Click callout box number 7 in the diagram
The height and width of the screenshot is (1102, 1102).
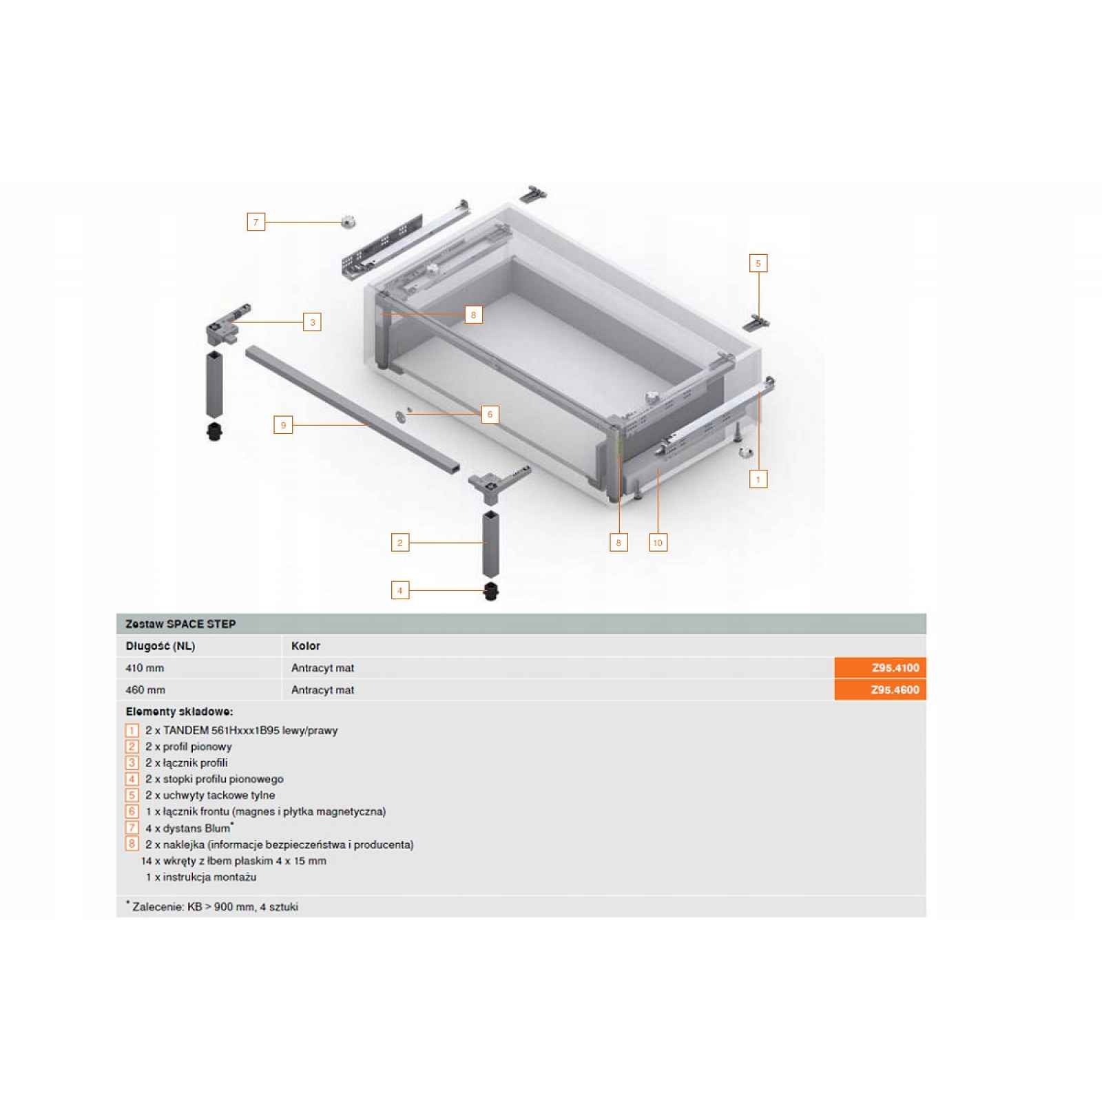pos(256,222)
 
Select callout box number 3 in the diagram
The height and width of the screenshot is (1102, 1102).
pos(313,322)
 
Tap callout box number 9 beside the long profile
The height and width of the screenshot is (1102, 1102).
pos(283,425)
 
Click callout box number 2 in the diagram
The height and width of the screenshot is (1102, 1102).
pos(400,543)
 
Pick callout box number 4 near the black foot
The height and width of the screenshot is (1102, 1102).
pos(400,590)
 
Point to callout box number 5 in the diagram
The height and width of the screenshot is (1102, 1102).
pos(758,263)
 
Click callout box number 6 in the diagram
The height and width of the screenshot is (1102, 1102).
pos(490,414)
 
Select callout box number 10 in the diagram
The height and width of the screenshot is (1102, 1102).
pos(658,543)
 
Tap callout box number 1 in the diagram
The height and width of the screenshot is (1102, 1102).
pos(758,479)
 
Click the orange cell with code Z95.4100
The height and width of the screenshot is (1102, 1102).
pos(880,668)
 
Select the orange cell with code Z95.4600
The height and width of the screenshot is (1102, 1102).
pos(880,690)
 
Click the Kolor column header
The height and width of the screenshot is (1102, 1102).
pos(306,646)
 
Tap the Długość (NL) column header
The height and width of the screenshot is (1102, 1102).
pos(160,646)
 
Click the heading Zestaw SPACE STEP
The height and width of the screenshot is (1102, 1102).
pos(180,624)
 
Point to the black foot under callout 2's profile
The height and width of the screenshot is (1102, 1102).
pos(490,592)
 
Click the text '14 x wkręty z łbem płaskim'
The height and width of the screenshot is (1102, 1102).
pos(212,861)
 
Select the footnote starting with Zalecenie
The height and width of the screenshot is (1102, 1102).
pos(212,907)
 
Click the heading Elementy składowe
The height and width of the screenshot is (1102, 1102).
pos(179,711)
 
